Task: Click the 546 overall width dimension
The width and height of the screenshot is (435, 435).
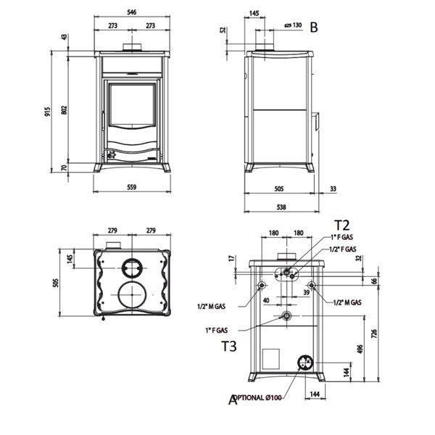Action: point(132,12)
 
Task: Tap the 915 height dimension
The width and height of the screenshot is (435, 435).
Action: point(48,112)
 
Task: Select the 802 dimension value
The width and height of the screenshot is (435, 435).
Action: point(64,110)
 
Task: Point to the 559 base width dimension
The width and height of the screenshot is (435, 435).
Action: point(131,187)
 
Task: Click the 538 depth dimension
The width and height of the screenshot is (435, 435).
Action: point(281,207)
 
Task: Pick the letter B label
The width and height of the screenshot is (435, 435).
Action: point(313,28)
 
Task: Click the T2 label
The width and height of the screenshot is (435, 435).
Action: point(341,225)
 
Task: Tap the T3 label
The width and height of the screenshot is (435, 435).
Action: point(229,346)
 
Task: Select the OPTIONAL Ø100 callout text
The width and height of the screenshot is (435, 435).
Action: point(257,397)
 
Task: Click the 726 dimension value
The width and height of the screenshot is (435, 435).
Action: point(374,333)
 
